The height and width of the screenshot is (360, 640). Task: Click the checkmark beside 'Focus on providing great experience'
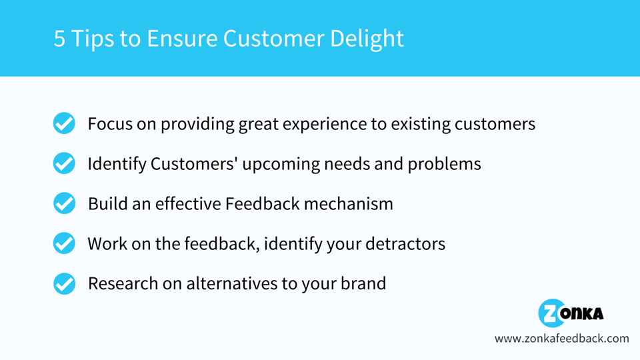coord(64,123)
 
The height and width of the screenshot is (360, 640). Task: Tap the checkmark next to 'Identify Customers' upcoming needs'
coord(64,163)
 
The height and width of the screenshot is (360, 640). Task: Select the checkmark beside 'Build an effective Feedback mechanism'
coord(64,203)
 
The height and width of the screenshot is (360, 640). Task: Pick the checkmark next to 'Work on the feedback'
coord(64,243)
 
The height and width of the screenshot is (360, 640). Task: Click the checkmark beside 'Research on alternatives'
coord(64,283)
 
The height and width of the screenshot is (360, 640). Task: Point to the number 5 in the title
coord(60,38)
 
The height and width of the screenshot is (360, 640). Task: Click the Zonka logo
coord(571,313)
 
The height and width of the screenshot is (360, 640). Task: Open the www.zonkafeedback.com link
coord(561,339)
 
